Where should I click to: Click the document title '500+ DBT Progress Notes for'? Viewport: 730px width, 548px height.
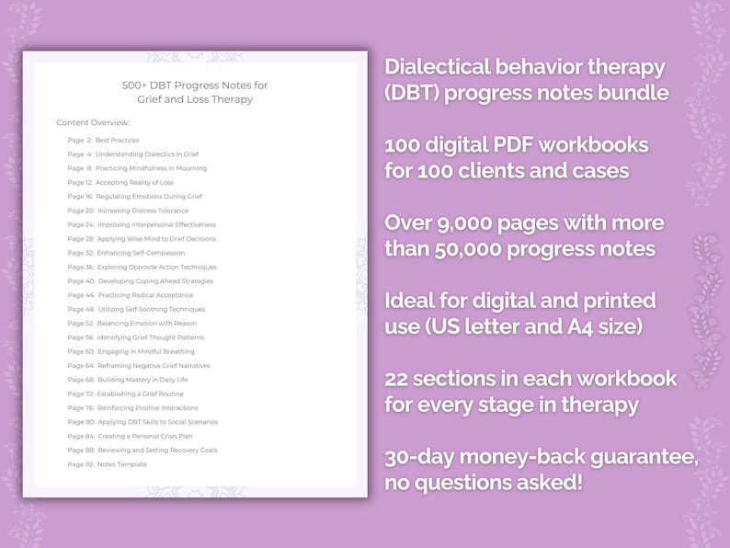[195, 86]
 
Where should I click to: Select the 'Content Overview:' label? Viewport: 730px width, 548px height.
[93, 122]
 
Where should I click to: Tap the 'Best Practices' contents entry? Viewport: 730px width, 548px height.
[117, 141]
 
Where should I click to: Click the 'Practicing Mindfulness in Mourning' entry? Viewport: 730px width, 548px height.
[151, 168]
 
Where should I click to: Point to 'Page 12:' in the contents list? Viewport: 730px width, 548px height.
[80, 182]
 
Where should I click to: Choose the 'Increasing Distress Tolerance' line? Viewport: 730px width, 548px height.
[143, 211]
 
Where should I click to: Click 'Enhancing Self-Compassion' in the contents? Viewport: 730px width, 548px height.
[141, 253]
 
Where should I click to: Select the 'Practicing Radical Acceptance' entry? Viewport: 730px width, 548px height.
[145, 295]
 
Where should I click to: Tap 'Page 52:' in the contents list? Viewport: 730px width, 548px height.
[80, 324]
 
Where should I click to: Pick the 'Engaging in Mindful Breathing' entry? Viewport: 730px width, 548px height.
[145, 351]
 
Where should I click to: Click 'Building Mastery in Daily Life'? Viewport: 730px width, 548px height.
[142, 380]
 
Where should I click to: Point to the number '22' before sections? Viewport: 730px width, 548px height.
[398, 379]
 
